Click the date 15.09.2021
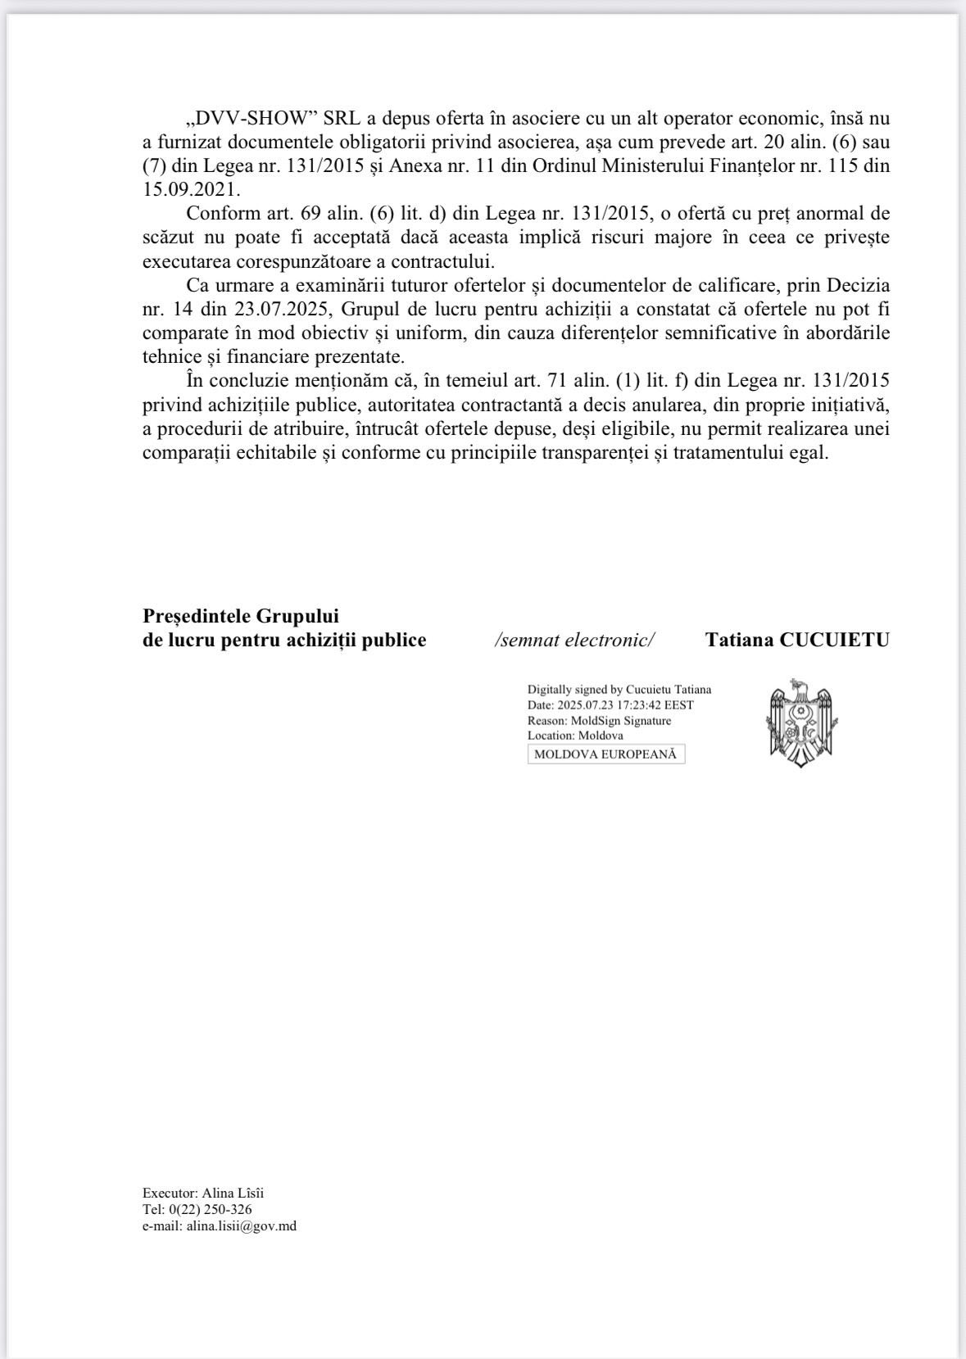pyautogui.click(x=191, y=189)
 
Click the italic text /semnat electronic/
pyautogui.click(x=574, y=640)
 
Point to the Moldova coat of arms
pyautogui.click(x=800, y=723)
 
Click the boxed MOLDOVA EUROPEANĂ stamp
pyautogui.click(x=605, y=754)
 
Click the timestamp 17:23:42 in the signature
pyautogui.click(x=642, y=705)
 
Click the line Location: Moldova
pyautogui.click(x=575, y=736)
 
